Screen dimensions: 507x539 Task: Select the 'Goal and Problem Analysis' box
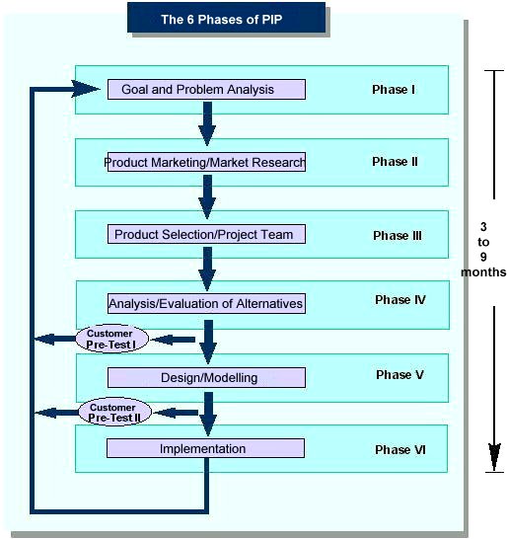pyautogui.click(x=206, y=90)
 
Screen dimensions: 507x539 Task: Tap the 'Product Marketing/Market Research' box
pyautogui.click(x=206, y=162)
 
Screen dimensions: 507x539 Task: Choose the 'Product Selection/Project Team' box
pyautogui.click(x=206, y=234)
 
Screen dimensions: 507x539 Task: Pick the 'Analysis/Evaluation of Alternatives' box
pyautogui.click(x=206, y=303)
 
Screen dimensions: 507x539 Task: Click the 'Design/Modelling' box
pyautogui.click(x=206, y=377)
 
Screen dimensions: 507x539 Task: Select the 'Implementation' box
pyautogui.click(x=205, y=448)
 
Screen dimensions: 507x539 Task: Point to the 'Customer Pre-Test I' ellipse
pyautogui.click(x=112, y=339)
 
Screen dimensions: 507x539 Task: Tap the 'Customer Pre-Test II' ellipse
pyautogui.click(x=114, y=413)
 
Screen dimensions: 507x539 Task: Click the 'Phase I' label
pyautogui.click(x=394, y=90)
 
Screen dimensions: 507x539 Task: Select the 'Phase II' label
pyautogui.click(x=395, y=162)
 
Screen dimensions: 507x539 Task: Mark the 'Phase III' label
pyautogui.click(x=398, y=236)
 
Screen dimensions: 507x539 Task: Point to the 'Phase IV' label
pyautogui.click(x=400, y=300)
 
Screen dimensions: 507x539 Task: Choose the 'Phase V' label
pyautogui.click(x=399, y=375)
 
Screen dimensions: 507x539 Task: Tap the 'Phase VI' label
pyautogui.click(x=400, y=449)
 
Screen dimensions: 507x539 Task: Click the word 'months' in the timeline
pyautogui.click(x=483, y=272)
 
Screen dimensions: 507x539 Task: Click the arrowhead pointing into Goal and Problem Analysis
pyautogui.click(x=85, y=89)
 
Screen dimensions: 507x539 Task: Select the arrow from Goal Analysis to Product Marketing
pyautogui.click(x=207, y=123)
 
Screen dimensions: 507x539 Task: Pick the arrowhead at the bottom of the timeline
pyautogui.click(x=494, y=456)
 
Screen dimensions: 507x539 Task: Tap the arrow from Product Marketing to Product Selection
pyautogui.click(x=207, y=197)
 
